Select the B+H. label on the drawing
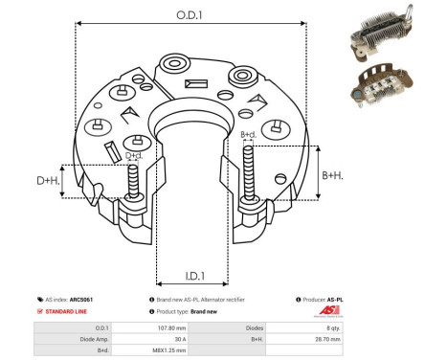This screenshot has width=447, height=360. coord(332,175)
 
